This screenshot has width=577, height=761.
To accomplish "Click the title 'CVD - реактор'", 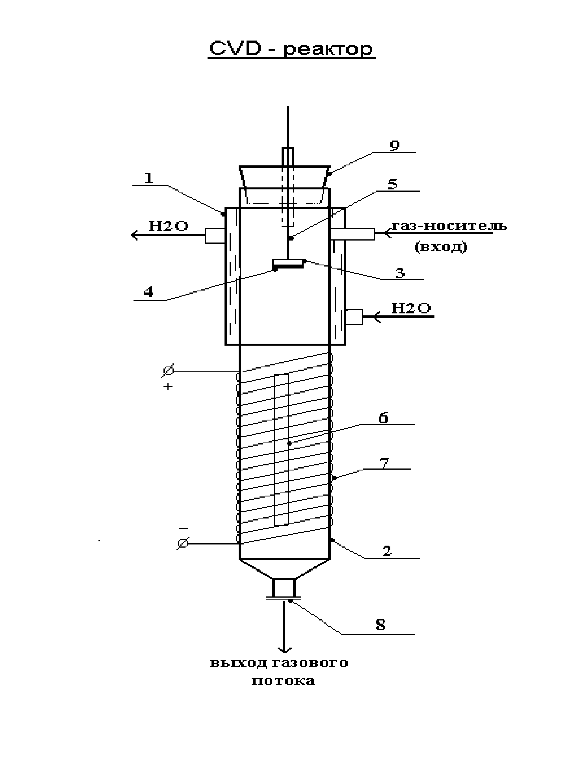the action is tap(291, 49).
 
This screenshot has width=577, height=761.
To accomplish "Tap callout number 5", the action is tap(392, 184).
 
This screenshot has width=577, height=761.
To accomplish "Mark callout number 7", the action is tap(384, 463).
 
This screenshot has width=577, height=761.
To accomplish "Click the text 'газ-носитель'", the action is tap(449, 226).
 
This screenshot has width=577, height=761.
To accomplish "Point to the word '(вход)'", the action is tap(441, 247).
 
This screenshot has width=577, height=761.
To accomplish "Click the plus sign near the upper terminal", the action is tap(168, 387).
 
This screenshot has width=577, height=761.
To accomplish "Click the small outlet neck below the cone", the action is tap(284, 588).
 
